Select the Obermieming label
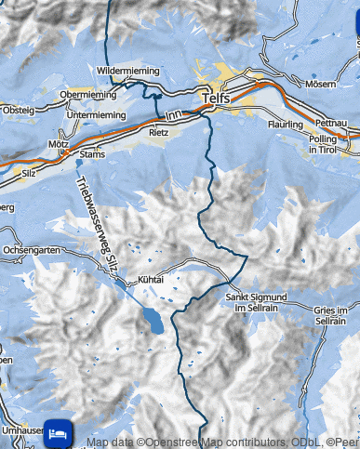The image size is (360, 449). pos(87,95)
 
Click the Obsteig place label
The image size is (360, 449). pos(18,111)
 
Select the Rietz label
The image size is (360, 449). pos(159,133)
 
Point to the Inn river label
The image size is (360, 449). pos(172,115)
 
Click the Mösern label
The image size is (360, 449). pos(323,84)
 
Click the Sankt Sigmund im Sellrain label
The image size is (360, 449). pos(255,302)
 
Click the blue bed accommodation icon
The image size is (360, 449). pos(59,432)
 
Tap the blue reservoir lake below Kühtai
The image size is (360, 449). pos(150,322)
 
